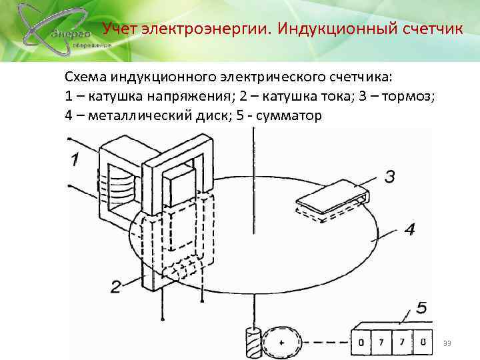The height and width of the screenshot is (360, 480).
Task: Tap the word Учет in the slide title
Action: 120,29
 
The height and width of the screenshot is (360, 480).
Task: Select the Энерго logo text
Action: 66,33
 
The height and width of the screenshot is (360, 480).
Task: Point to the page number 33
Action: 447,343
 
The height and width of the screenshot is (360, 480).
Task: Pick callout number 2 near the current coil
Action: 116,287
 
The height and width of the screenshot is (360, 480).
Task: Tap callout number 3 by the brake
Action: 390,177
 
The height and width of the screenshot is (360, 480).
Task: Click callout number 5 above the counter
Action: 421,308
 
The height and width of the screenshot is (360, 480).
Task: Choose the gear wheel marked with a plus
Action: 281,343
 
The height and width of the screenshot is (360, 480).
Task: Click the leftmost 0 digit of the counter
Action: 361,343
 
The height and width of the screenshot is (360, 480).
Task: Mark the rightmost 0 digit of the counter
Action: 422,343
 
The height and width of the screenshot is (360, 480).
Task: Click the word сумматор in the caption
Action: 289,115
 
